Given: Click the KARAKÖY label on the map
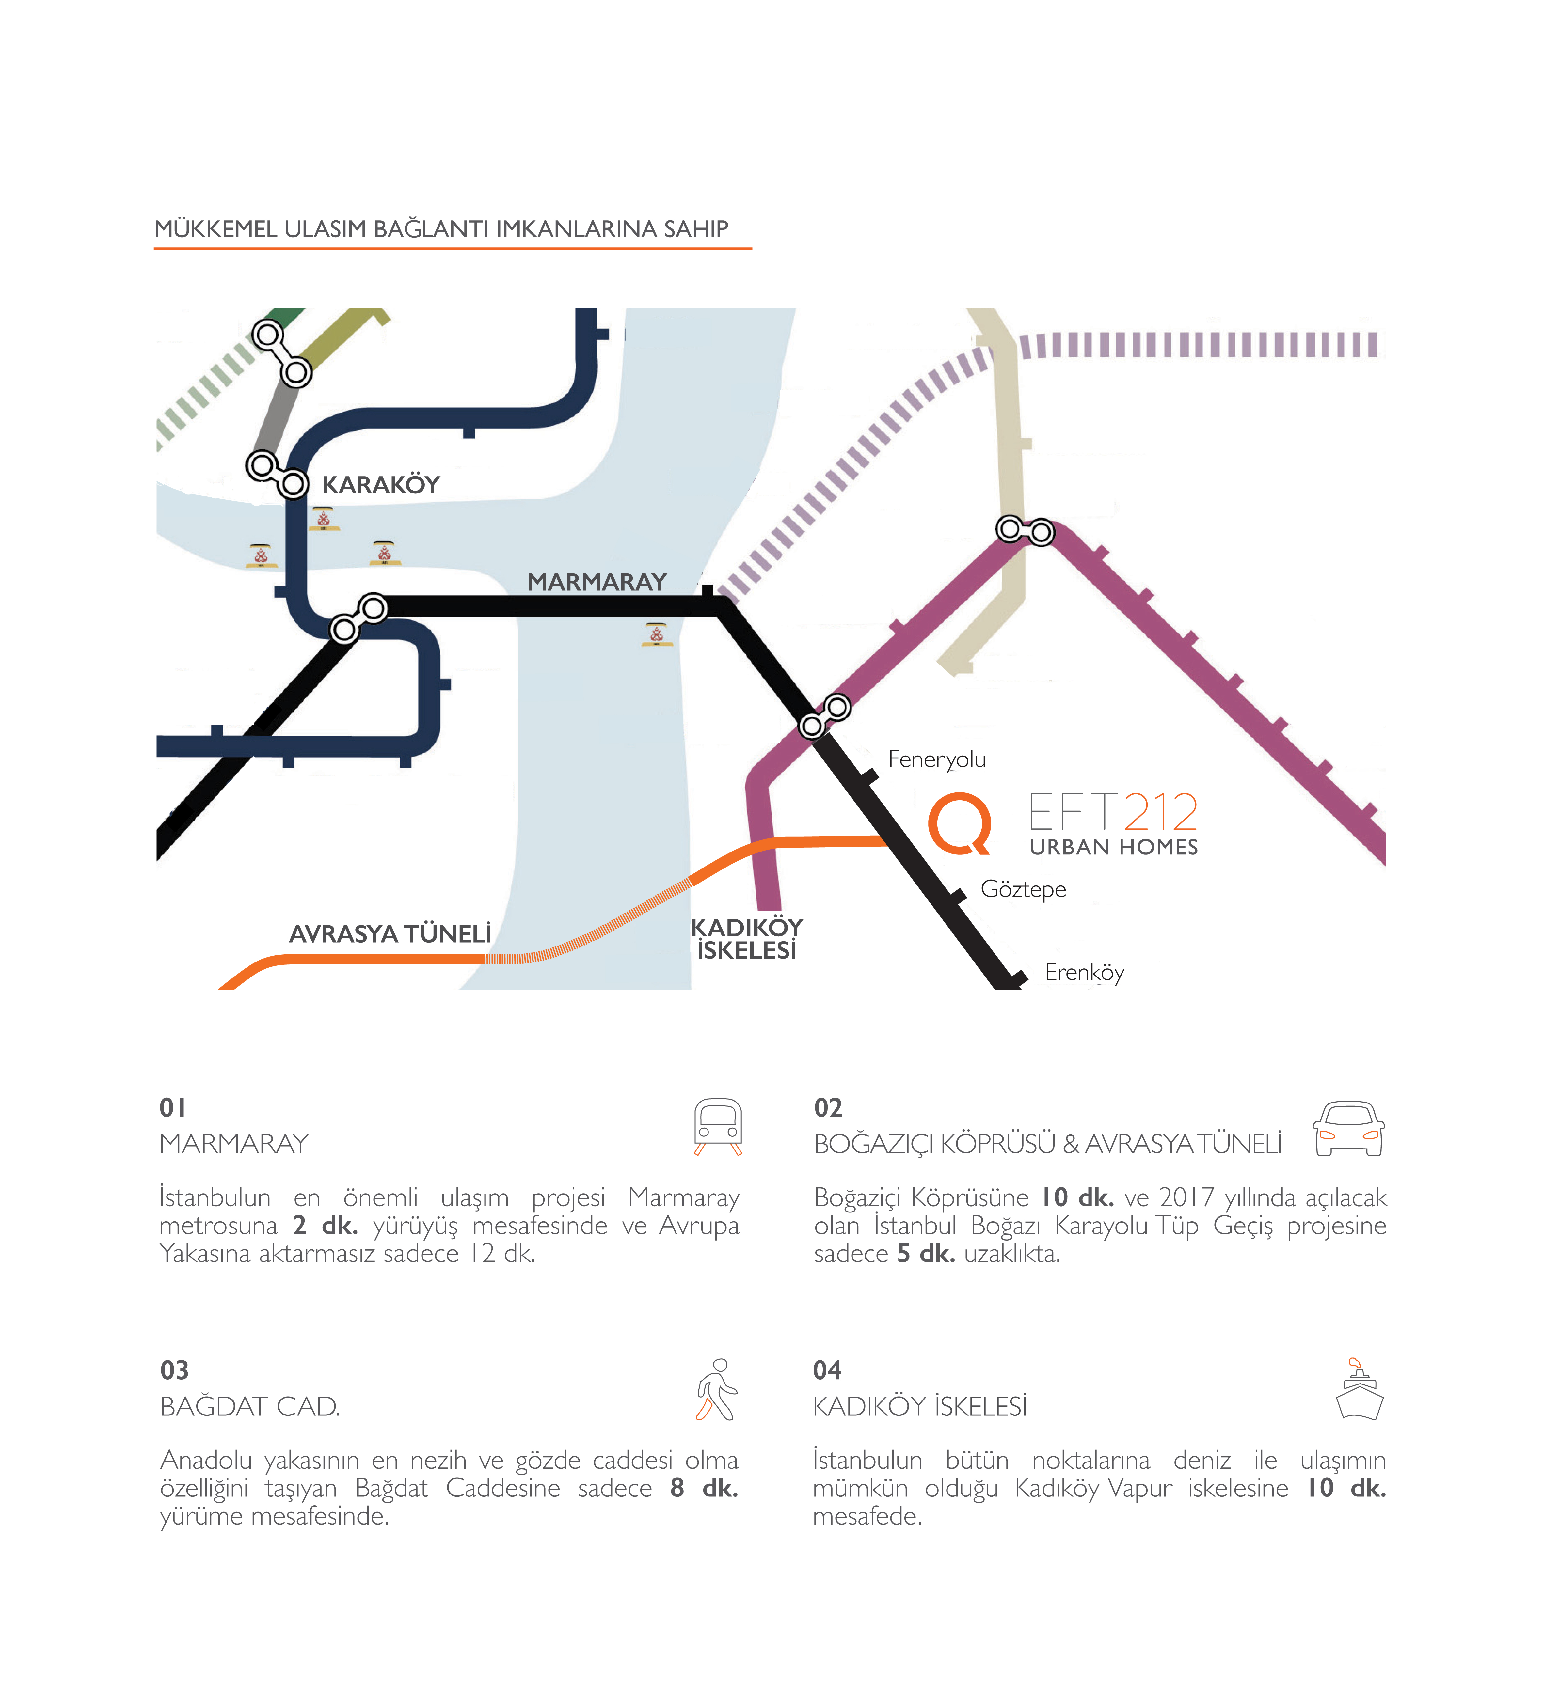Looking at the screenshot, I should click(381, 485).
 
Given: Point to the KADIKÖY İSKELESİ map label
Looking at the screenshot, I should click(746, 938).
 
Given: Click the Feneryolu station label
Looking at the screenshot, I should click(936, 759).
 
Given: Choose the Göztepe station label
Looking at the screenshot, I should click(1023, 889).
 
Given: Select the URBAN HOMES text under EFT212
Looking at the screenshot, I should click(1113, 847).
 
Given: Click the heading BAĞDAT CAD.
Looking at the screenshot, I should click(250, 1407).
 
